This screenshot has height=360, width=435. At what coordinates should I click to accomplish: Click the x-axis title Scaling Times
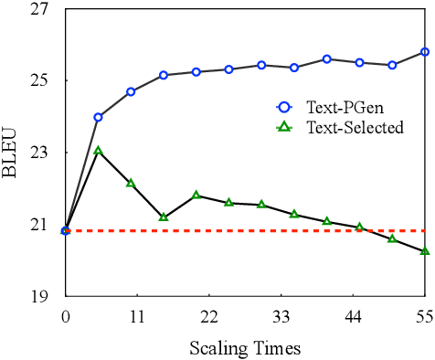244,348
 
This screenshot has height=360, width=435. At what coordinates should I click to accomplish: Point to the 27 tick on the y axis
46,9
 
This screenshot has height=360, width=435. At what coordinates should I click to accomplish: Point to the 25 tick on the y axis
46,80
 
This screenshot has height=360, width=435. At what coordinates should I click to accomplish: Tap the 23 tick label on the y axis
46,153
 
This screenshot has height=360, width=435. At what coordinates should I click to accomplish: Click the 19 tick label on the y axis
46,297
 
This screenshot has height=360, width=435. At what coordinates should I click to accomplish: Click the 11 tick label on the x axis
137,317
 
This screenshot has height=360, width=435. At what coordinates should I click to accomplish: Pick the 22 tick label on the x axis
209,317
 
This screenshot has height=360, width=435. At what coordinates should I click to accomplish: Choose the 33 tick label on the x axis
281,317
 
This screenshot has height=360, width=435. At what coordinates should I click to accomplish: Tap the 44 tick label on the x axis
353,317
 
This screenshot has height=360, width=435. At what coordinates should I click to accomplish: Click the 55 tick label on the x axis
424,317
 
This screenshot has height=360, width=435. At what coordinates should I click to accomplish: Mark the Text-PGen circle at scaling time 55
425,52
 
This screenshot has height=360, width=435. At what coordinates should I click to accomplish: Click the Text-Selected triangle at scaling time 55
425,250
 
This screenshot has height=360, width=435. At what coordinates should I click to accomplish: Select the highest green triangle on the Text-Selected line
98,150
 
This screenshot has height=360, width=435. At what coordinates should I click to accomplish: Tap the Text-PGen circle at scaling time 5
98,117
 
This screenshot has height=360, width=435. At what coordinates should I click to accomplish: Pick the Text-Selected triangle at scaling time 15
164,217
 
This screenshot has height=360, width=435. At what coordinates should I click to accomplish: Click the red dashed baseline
274,230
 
